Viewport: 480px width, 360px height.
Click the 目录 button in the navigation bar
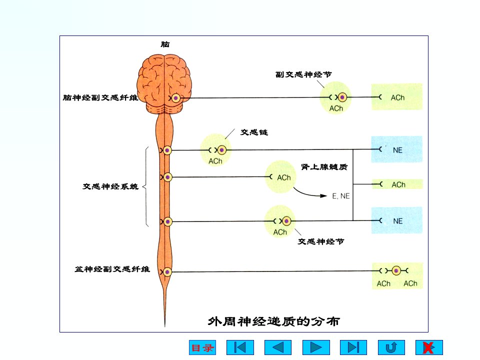click(x=202, y=347)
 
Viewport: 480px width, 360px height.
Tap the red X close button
click(x=429, y=347)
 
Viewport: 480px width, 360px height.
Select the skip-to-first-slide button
click(x=240, y=347)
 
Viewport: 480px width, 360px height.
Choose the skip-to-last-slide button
click(x=353, y=347)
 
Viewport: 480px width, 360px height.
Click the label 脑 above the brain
click(x=165, y=44)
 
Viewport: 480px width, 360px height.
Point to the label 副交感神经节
click(x=303, y=74)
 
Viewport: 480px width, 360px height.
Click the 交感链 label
click(x=254, y=132)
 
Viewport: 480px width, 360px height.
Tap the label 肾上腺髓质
click(x=324, y=167)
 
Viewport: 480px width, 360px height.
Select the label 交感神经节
click(x=321, y=241)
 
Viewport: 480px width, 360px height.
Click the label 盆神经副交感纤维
click(x=112, y=269)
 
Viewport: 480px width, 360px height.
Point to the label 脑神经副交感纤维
click(x=100, y=97)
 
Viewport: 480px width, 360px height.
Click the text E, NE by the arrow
click(x=341, y=196)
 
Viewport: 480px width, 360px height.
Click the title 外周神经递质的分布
click(x=273, y=321)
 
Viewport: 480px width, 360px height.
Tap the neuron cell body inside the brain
click(x=175, y=98)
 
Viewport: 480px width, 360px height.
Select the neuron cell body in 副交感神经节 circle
click(x=342, y=97)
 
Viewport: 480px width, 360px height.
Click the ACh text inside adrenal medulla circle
click(x=284, y=177)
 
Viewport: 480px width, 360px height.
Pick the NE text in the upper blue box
click(x=397, y=150)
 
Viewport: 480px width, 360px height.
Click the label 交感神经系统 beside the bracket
click(x=110, y=186)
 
